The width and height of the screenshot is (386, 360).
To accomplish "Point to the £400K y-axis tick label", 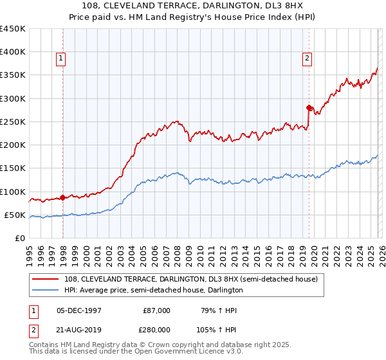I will [13, 52].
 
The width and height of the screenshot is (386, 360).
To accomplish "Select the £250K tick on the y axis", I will [13, 122].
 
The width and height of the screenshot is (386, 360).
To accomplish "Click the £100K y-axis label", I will [13, 192].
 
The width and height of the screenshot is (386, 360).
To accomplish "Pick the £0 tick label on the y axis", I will [21, 238].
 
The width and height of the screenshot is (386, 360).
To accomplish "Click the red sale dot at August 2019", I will [309, 107].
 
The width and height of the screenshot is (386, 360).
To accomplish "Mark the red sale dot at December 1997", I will [62, 197].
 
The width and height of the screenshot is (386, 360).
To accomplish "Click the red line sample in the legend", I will [46, 280].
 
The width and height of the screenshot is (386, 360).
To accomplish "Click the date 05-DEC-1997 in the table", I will [78, 310].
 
